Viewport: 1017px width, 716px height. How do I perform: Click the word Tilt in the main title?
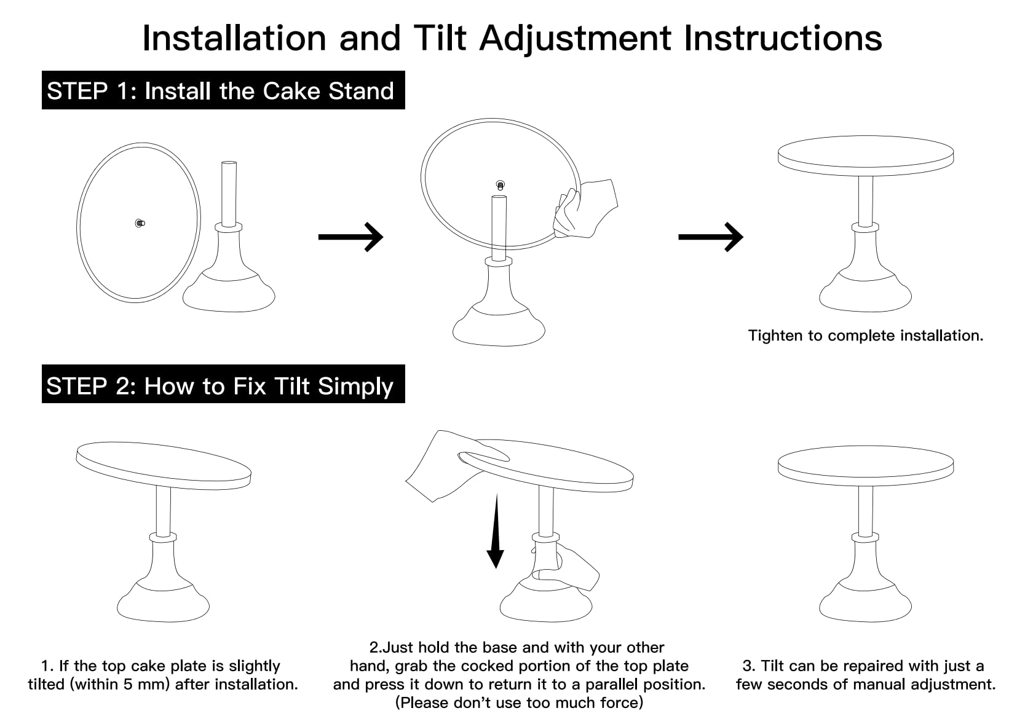tap(440, 37)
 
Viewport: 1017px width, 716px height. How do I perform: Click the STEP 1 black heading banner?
tap(223, 90)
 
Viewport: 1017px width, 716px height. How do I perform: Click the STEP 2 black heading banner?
tap(223, 385)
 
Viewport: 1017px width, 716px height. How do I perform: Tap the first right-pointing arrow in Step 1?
tap(350, 237)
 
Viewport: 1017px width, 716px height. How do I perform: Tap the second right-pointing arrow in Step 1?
tap(711, 237)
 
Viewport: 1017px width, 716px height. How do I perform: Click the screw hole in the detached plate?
tap(140, 223)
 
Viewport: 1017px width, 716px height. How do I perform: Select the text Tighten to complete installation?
tap(865, 336)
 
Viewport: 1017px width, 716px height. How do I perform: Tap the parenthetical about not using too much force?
tap(519, 702)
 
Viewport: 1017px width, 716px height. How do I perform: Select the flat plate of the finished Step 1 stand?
tap(865, 154)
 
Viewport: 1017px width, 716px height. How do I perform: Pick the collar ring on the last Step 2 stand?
tap(865, 537)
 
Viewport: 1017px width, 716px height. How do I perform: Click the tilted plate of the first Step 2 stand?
tap(163, 464)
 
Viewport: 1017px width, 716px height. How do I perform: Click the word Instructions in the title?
tap(783, 37)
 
